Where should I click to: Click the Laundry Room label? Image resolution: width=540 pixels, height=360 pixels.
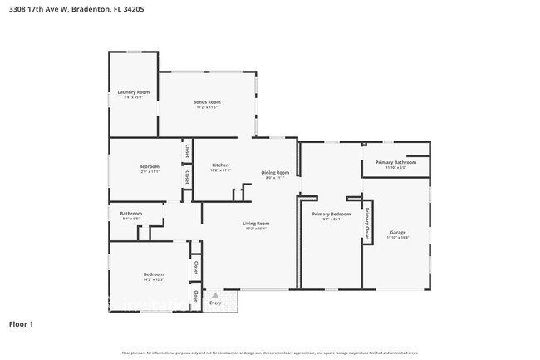pos(133,91)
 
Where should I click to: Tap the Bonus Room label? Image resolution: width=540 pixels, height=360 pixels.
pos(207,101)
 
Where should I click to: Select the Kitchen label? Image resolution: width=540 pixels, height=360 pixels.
pos(220,165)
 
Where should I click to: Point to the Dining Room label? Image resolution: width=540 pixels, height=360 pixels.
pos(275,172)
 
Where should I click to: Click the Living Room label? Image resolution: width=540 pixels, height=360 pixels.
pos(256,223)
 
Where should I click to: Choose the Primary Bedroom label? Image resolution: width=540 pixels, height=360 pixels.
pos(331,215)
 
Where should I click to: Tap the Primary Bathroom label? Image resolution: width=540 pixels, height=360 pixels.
pos(395,162)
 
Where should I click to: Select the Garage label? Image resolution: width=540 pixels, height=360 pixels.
pos(397,232)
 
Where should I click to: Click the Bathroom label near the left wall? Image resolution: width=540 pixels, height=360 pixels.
pos(131,213)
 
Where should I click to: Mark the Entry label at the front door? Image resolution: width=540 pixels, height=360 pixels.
pos(215,303)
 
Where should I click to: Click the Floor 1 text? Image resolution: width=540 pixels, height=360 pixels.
pos(22,324)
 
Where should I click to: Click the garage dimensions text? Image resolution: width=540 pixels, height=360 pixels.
pos(397,238)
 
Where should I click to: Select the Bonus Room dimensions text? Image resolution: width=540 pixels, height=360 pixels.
pos(207,107)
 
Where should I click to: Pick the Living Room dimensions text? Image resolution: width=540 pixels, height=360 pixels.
pos(256,229)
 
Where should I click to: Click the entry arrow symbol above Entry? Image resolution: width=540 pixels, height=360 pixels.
pos(215,295)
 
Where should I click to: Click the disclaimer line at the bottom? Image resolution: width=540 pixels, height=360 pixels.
pos(270,352)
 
